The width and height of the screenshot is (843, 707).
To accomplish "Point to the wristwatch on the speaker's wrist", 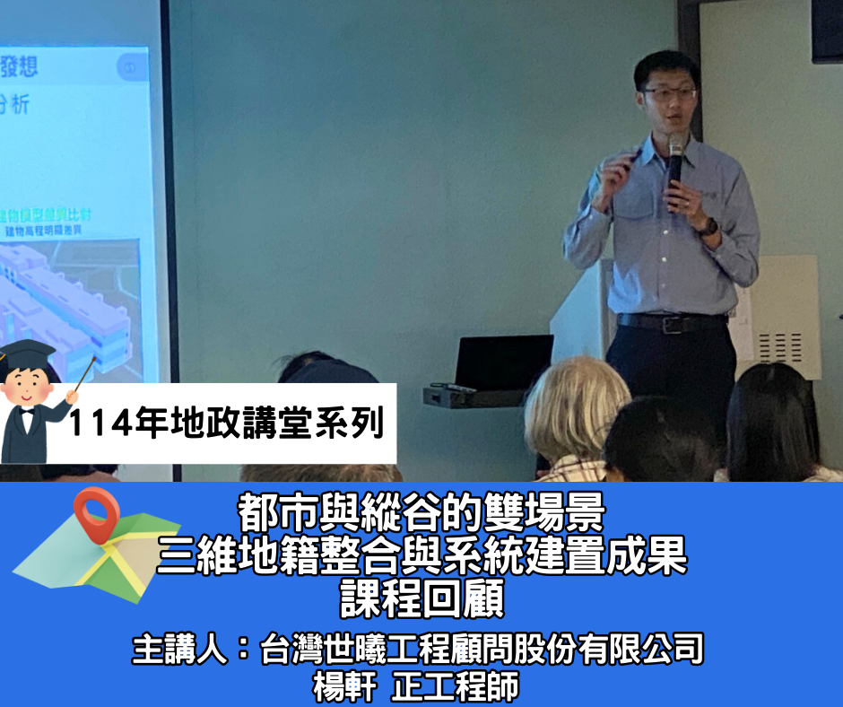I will click(709, 226).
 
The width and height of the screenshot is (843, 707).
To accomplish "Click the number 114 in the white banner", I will click(100, 422).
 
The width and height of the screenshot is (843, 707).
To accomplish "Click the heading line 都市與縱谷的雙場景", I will click(421, 514).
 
